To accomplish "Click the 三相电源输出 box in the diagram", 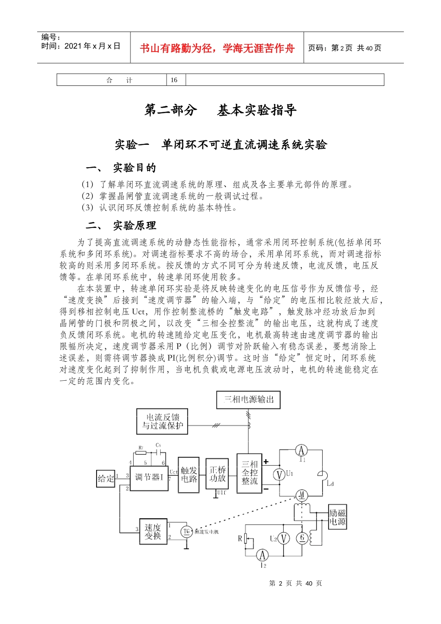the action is click(x=248, y=400).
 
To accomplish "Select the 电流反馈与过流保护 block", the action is click(x=162, y=422).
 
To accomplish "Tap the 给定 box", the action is click(x=105, y=478).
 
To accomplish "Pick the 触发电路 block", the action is click(x=189, y=475).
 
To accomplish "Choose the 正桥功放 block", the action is click(x=217, y=474).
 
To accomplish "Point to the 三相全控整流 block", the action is click(x=249, y=473).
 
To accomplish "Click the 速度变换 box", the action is click(x=153, y=532).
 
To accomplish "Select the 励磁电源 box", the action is click(x=337, y=517).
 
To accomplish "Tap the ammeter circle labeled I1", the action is click(x=301, y=450).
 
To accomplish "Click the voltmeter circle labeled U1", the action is click(x=279, y=474).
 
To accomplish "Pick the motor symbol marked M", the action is click(x=302, y=495).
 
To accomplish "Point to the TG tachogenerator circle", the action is click(x=187, y=532).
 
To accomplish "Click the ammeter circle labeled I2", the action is click(x=262, y=555).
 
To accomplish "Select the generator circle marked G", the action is click(x=302, y=538).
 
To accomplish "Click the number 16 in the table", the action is click(x=174, y=80).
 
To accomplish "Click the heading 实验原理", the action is click(x=135, y=226).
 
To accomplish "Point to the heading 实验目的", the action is click(x=135, y=168).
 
